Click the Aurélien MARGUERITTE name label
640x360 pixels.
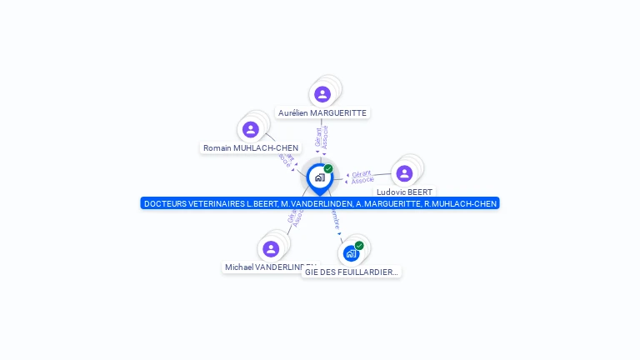click(x=322, y=112)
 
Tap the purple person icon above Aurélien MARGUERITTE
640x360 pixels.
click(x=322, y=94)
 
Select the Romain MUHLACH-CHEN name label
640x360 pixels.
click(x=251, y=147)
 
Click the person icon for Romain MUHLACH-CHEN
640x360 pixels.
click(x=251, y=129)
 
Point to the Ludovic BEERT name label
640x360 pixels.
click(x=404, y=192)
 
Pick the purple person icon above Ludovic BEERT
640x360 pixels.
click(x=404, y=173)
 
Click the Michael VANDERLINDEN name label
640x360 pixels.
click(x=268, y=267)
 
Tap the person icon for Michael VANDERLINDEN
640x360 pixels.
click(x=271, y=248)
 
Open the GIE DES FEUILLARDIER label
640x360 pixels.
click(x=351, y=272)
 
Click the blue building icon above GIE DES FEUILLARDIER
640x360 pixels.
click(x=351, y=253)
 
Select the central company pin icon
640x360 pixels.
click(x=319, y=177)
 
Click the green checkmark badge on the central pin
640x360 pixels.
click(x=328, y=168)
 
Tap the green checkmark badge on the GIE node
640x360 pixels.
click(x=359, y=245)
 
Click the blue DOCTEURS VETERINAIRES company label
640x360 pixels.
click(x=320, y=203)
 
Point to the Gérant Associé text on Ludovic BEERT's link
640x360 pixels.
click(x=362, y=177)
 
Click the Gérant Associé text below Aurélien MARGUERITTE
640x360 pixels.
click(x=322, y=137)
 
